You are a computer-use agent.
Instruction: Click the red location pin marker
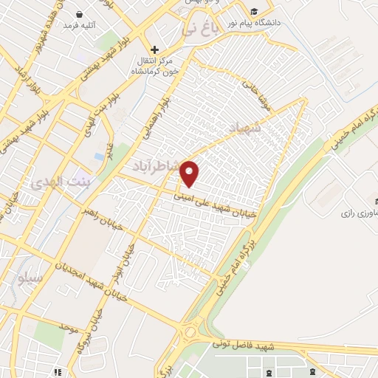coord(190,173)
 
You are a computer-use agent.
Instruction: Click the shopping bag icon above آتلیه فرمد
coord(80,14)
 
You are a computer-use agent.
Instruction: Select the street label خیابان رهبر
coord(95,219)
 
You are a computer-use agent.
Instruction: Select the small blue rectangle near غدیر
coord(99,157)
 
